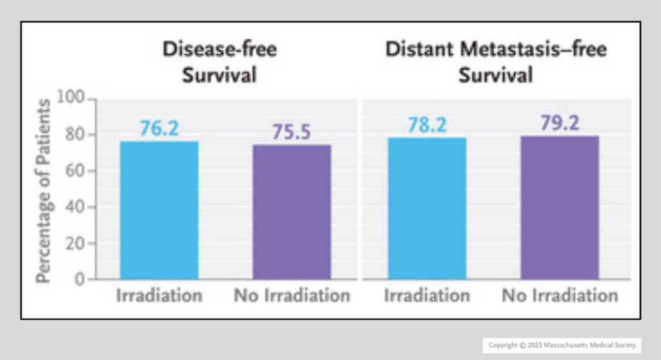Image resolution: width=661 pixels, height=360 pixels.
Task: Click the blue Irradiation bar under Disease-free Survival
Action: click(159, 210)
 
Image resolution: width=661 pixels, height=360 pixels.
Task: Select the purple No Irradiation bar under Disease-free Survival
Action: click(292, 212)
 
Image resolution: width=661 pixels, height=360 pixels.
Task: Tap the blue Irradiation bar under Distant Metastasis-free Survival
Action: click(427, 208)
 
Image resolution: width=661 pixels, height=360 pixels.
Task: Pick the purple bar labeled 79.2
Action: click(560, 208)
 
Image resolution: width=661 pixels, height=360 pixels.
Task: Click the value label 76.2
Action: click(159, 128)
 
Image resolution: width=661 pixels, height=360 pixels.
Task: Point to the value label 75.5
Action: click(292, 132)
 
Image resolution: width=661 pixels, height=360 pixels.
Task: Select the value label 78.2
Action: click(427, 125)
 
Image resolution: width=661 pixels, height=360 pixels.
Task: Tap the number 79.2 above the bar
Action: click(560, 123)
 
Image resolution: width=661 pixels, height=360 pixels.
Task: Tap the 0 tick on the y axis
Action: click(79, 280)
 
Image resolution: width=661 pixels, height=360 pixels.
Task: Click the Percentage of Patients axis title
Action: click(43, 191)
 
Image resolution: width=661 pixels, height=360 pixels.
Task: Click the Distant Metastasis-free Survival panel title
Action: click(496, 62)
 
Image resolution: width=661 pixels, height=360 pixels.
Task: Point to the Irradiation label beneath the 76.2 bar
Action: click(159, 296)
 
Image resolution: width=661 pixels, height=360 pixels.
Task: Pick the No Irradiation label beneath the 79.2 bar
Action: click(560, 296)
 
